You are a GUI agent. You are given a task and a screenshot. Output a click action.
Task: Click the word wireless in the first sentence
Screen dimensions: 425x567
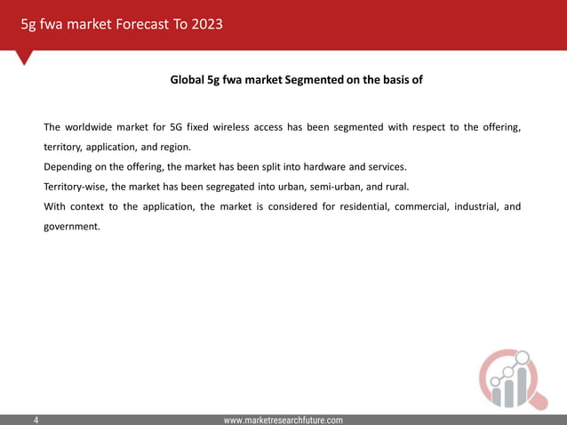click(228, 127)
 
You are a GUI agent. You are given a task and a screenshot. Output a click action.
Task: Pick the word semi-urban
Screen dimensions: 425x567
click(329, 187)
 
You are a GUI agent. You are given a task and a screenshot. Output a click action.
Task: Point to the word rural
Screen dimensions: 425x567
click(393, 187)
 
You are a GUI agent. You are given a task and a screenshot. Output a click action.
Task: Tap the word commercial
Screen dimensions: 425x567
click(413, 207)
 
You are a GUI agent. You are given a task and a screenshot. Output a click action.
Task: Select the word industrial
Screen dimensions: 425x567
click(476, 207)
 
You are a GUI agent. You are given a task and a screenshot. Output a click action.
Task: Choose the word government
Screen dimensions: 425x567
click(72, 227)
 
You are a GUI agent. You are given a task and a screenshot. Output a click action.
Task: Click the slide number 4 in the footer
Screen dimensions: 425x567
click(36, 419)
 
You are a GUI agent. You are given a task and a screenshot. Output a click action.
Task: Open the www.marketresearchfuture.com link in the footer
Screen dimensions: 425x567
click(283, 419)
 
